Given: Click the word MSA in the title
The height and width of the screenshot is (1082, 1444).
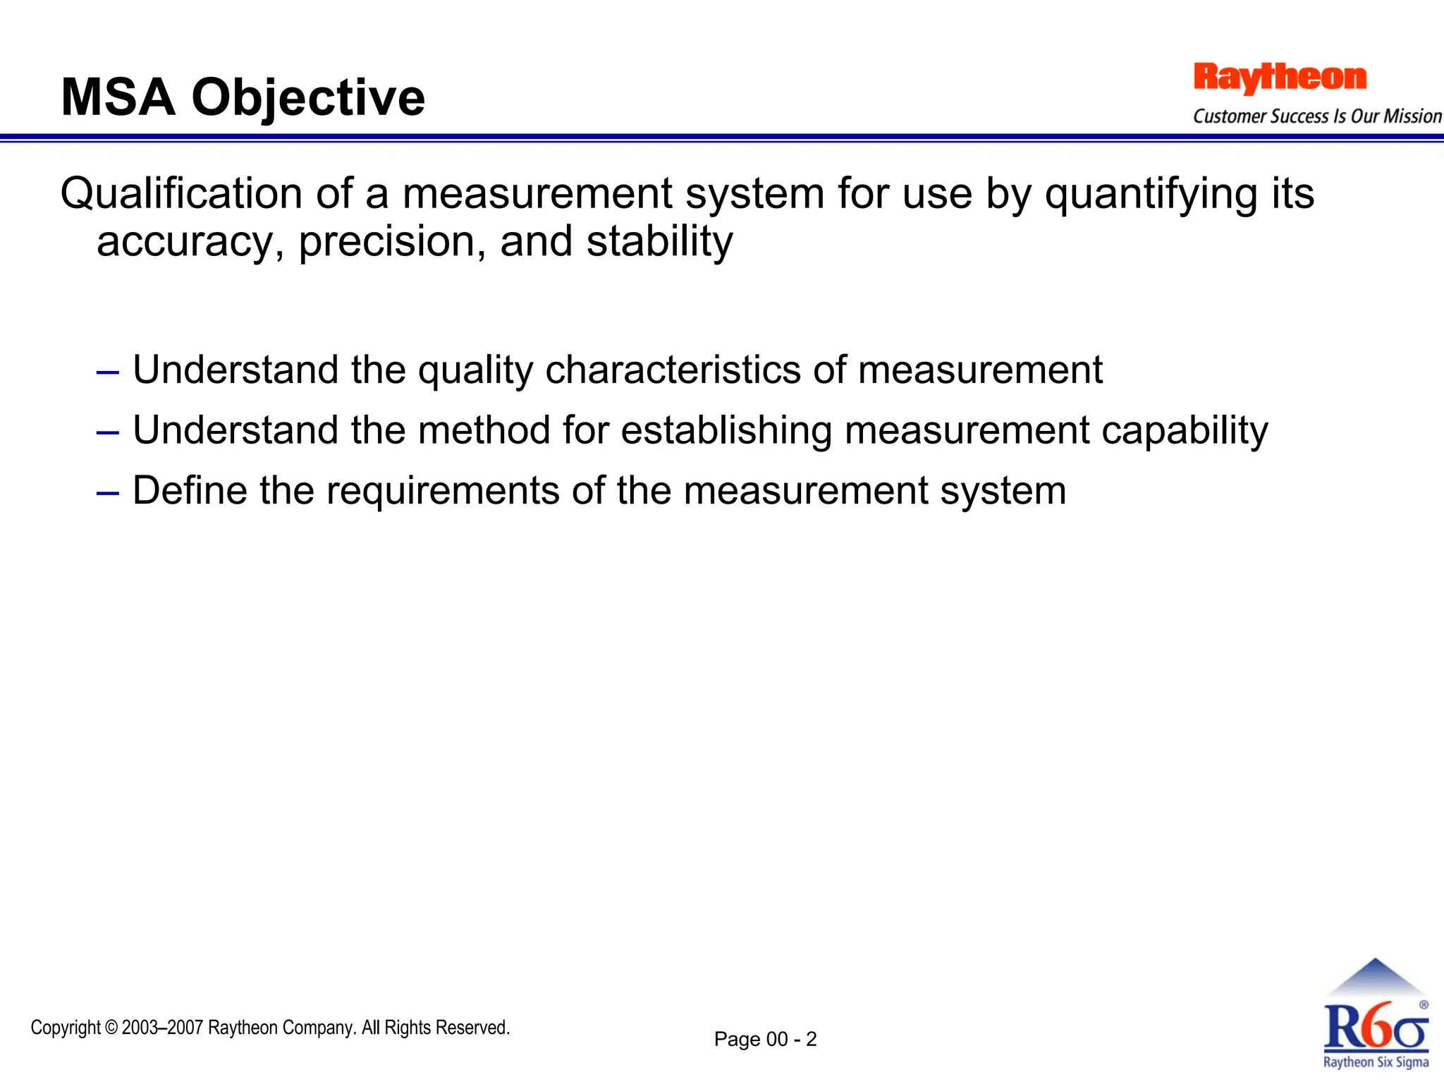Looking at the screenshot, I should point(118,97).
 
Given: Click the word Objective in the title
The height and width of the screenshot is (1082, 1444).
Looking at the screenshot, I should point(308,97).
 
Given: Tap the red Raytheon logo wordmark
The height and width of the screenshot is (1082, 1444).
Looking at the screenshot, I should point(1280,78).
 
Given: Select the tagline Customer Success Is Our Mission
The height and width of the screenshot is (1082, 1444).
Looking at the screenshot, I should point(1317,116).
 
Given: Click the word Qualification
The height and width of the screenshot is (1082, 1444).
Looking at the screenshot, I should point(181,193).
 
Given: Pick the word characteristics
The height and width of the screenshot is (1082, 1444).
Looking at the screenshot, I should point(673,370).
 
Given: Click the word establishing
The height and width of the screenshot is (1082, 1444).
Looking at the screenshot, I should point(726,430).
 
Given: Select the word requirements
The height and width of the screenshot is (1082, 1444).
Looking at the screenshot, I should point(442,491).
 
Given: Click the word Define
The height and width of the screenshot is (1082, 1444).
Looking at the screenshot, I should point(190,491).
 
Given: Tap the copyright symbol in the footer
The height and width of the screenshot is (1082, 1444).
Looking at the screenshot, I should point(112,1028).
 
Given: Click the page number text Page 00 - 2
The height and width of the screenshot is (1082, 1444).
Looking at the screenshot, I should point(765,1040).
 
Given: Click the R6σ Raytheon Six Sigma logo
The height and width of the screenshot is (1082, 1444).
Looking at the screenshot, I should point(1375,1023).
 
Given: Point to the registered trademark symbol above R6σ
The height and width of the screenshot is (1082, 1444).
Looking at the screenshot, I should point(1424,1004).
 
